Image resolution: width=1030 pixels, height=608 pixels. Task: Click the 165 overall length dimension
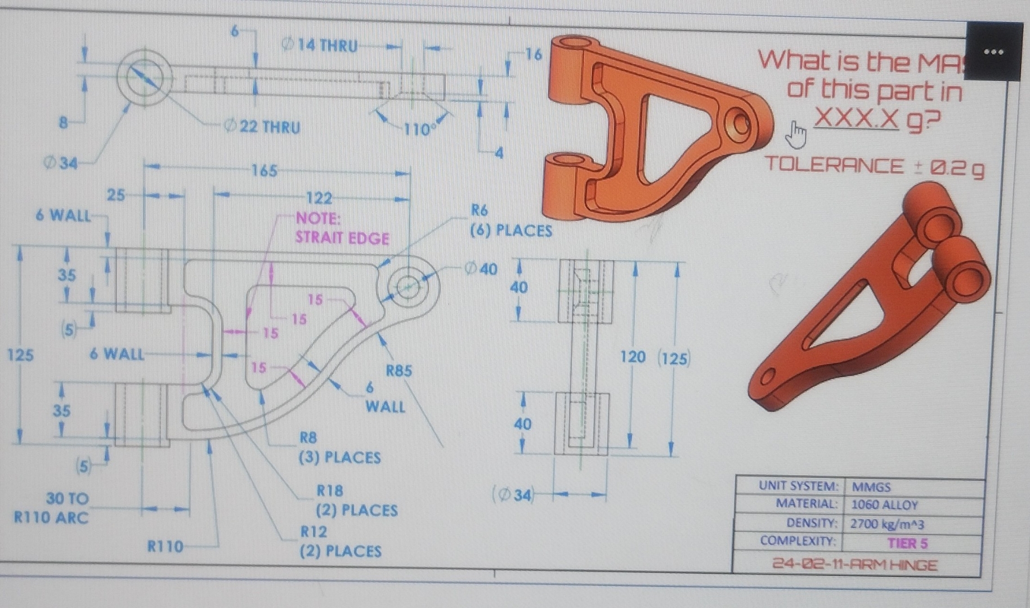[264, 170]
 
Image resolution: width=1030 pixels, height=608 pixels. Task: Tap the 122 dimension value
[319, 198]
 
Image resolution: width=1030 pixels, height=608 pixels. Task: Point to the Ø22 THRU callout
[262, 127]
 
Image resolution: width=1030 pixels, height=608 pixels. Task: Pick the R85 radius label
[398, 370]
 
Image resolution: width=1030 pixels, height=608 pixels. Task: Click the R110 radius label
[165, 546]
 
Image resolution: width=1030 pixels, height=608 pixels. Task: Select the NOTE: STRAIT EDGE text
[342, 228]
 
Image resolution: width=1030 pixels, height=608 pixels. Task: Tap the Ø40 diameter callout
[481, 269]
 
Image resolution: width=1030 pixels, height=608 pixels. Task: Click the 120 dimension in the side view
[633, 357]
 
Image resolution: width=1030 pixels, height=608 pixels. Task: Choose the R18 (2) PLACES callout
[356, 500]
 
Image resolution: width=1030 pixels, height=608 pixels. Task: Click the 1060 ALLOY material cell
[884, 505]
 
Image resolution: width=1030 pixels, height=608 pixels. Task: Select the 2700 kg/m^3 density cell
[887, 524]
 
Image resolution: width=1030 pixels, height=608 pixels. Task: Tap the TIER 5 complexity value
[907, 543]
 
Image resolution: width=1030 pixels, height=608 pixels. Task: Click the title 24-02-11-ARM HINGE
[855, 565]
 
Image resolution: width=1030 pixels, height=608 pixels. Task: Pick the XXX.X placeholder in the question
[856, 119]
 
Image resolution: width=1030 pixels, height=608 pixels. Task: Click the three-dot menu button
[994, 52]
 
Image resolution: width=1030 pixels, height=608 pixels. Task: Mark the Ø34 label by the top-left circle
[60, 164]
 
